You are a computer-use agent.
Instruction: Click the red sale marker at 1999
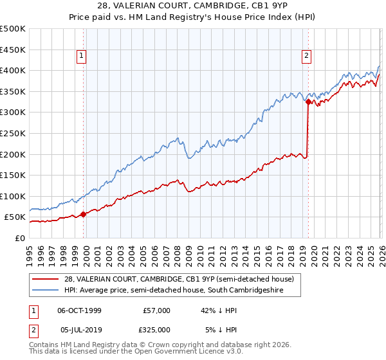click(83, 214)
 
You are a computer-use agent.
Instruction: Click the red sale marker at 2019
click(308, 102)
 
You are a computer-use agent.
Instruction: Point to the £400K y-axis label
click(13, 71)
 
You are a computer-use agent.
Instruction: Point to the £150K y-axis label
click(13, 175)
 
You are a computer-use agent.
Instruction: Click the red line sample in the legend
click(46, 279)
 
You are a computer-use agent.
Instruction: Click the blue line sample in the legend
click(46, 291)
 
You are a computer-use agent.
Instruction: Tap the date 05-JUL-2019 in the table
click(79, 329)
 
